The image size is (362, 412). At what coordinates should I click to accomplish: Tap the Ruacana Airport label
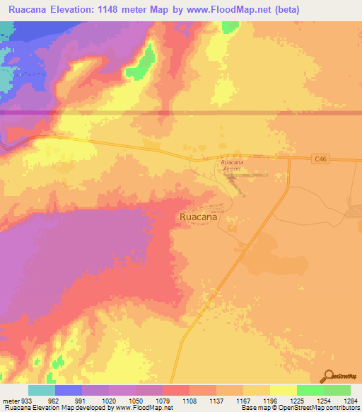(228, 166)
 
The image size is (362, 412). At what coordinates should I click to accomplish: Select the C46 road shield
(321, 161)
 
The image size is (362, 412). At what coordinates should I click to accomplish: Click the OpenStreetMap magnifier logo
(328, 376)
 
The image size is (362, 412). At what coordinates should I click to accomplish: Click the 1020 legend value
(109, 400)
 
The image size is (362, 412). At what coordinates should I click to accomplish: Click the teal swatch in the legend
(42, 390)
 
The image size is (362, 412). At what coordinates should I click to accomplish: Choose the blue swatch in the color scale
(69, 390)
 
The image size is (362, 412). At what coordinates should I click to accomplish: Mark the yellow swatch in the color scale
(284, 390)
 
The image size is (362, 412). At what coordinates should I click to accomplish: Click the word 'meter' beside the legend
(10, 400)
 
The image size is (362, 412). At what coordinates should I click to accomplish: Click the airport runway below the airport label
(234, 183)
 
